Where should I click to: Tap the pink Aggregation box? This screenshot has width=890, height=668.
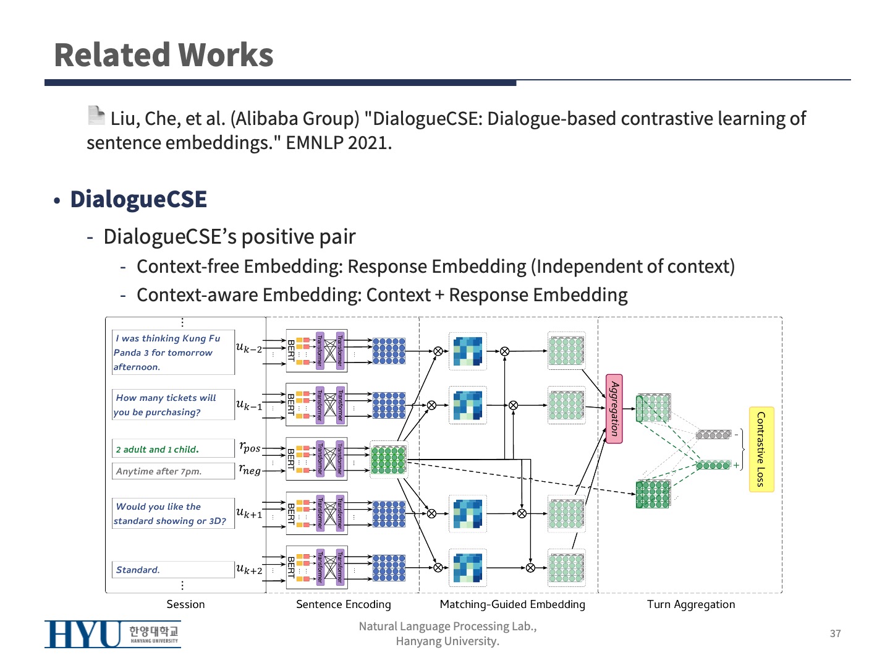(614, 409)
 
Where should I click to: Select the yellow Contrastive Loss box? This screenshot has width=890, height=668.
(761, 449)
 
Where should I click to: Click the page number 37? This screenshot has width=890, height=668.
(835, 633)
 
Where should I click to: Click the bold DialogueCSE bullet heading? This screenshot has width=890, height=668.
(138, 199)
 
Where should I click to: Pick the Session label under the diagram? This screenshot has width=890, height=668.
(185, 604)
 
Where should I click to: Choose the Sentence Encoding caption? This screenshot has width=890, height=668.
(343, 604)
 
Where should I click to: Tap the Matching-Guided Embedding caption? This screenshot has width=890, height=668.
(512, 604)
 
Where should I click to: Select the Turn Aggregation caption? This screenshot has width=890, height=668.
(691, 604)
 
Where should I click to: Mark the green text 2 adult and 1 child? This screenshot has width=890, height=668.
(158, 450)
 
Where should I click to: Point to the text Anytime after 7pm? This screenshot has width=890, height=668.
(159, 471)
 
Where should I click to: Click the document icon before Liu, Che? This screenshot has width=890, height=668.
(96, 115)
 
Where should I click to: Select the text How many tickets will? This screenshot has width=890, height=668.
(166, 398)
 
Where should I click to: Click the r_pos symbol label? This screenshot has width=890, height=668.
(250, 447)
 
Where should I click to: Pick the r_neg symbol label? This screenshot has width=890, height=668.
(250, 469)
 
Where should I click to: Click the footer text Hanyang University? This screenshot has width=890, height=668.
(447, 641)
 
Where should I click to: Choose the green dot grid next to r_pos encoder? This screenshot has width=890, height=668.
(388, 460)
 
